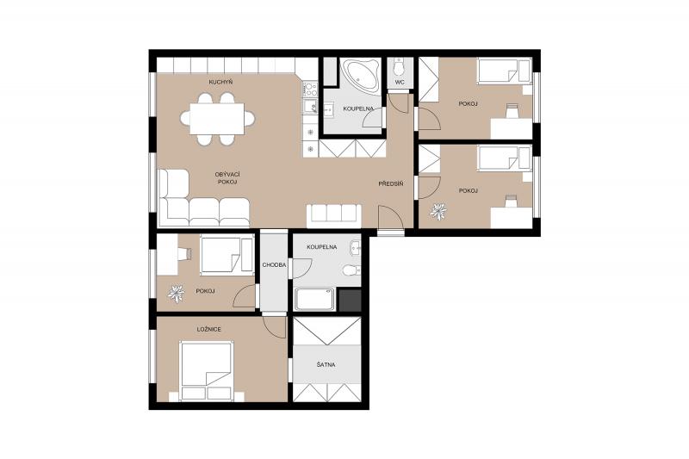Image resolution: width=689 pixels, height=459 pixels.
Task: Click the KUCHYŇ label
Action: coord(220,82)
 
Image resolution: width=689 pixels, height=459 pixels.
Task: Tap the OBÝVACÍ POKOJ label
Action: coord(227,178)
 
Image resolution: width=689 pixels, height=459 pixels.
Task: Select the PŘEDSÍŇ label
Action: coord(391,184)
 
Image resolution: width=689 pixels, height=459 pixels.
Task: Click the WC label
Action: coord(400,83)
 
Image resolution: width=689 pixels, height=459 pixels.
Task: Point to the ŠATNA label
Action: coord(326,364)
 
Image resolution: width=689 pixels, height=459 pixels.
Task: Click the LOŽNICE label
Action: coord(208,329)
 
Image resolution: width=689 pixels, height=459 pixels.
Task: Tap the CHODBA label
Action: coord(274,265)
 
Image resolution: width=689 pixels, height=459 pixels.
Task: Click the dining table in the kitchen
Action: coord(217,119)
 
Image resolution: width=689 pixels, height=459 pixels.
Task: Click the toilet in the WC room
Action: coord(400,67)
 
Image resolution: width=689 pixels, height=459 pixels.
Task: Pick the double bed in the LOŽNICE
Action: coord(206,372)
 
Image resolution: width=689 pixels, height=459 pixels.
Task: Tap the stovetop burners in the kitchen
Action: coord(310,90)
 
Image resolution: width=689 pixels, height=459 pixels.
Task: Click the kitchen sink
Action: coord(311,106)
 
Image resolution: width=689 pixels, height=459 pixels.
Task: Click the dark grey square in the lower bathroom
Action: coord(350,301)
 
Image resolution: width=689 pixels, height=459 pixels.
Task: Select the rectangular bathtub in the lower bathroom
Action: coord(314,300)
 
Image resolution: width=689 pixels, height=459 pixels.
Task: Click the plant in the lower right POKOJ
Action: coord(438,212)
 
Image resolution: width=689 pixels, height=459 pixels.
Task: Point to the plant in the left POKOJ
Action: coord(177,295)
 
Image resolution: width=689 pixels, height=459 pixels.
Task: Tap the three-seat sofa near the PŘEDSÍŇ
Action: coord(334,215)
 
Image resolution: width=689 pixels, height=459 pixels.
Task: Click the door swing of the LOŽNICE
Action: coord(275,327)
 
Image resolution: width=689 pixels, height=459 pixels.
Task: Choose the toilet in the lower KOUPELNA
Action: coord(352,270)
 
